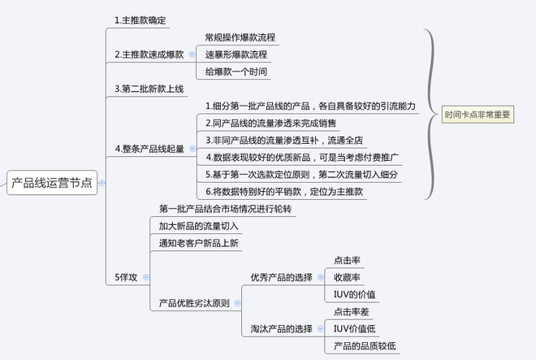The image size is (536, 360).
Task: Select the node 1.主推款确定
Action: point(143,19)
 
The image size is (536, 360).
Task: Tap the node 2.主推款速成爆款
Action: point(149,54)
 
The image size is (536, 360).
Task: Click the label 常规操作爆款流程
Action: point(240,37)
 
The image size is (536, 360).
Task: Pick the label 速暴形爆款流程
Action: point(235,54)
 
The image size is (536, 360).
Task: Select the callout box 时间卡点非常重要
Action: point(478,115)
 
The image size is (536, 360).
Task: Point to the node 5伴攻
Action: point(126,277)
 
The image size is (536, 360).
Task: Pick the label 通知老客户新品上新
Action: point(200,243)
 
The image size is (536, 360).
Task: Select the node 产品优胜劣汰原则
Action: point(194,303)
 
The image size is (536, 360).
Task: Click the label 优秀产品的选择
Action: point(281,277)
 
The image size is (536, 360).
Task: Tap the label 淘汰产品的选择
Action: point(281,329)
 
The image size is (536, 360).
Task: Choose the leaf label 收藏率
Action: point(348,277)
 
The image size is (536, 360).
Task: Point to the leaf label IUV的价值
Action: point(354,294)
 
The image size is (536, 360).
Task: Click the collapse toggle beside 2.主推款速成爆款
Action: point(192,54)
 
